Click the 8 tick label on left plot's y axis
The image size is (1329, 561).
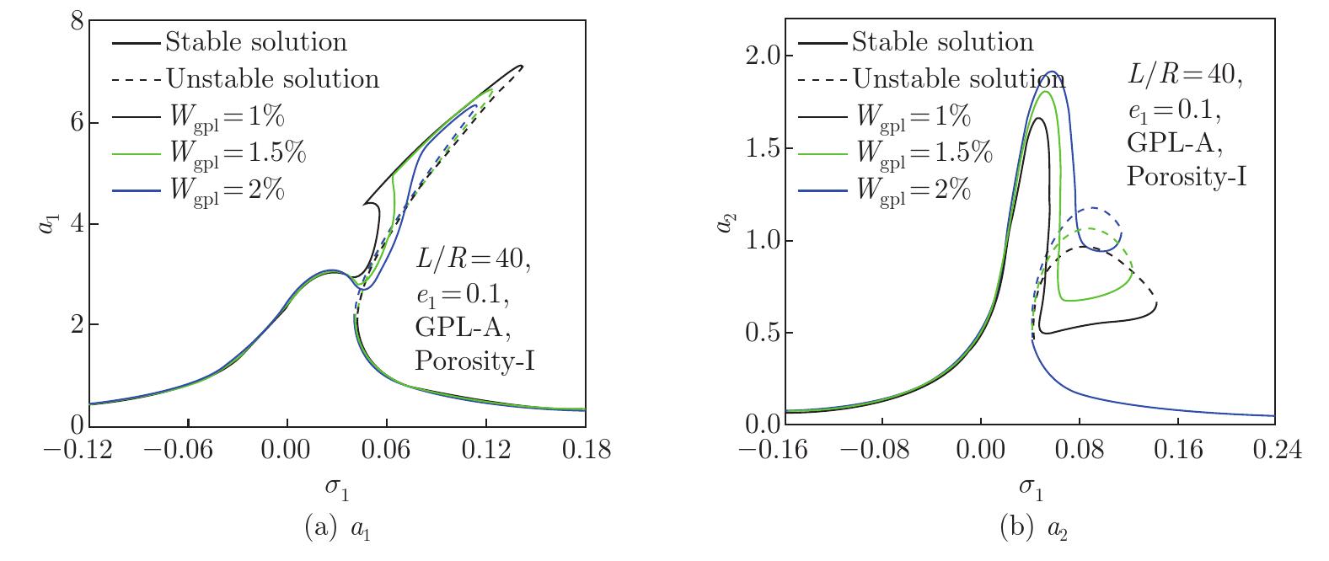tap(75, 22)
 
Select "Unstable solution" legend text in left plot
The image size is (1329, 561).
tap(272, 78)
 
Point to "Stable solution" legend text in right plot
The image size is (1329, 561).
tap(941, 41)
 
